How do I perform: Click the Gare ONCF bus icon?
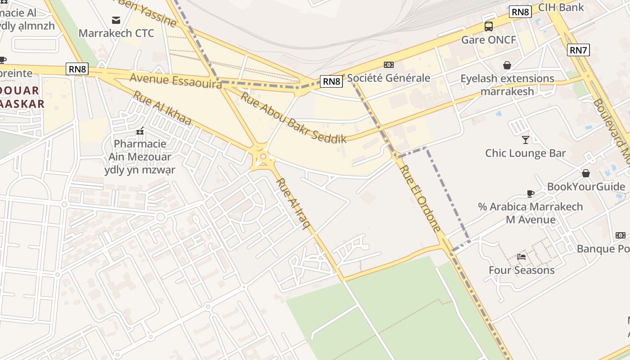click(489, 27)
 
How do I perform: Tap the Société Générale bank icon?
click(388, 65)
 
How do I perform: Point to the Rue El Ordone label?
click(420, 198)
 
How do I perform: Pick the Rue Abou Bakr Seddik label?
click(293, 117)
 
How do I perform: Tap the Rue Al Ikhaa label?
click(162, 108)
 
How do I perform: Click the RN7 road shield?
click(578, 50)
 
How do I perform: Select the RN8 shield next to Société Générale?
click(332, 81)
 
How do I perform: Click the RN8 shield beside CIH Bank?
click(520, 12)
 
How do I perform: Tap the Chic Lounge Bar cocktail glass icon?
click(525, 139)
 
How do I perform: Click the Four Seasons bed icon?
click(522, 256)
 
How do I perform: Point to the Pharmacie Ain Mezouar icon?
click(140, 131)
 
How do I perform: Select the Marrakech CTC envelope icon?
click(116, 20)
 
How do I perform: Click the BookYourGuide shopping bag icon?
click(586, 173)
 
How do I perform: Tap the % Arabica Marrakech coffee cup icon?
click(531, 193)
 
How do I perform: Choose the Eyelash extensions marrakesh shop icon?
click(507, 65)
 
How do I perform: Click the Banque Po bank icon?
click(620, 235)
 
